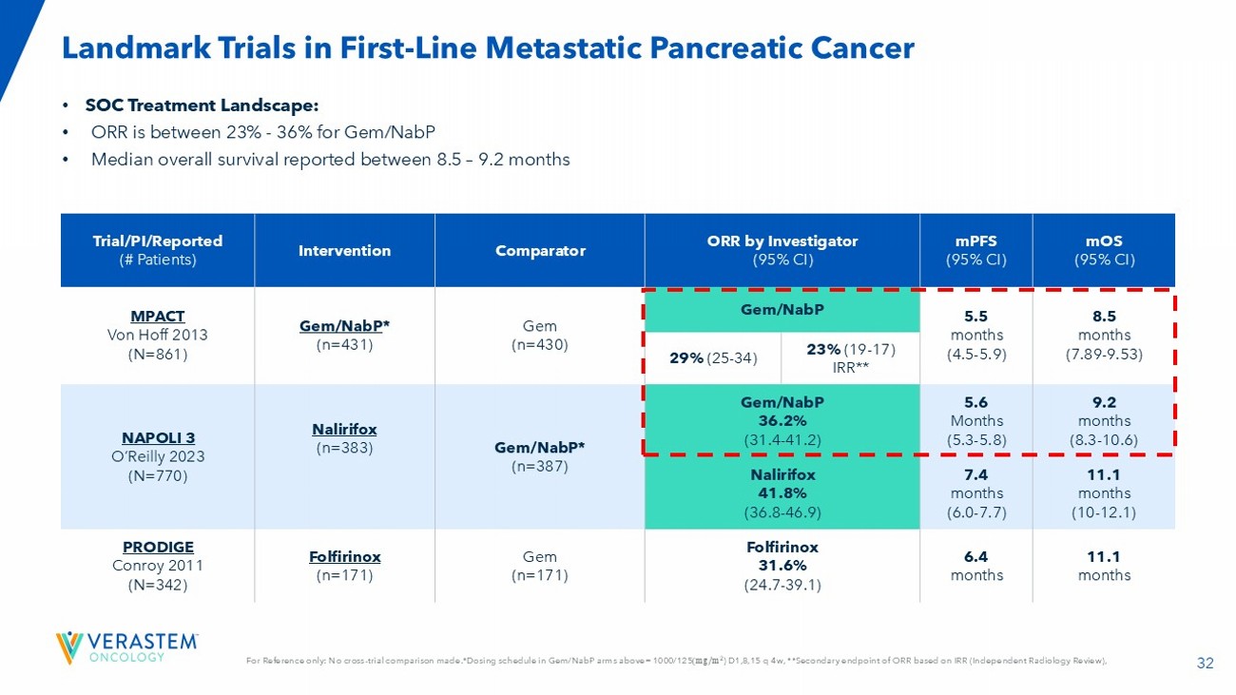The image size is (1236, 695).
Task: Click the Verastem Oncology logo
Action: (127, 647)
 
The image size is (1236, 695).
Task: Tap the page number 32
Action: (1206, 665)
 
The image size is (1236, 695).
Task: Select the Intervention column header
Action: (344, 251)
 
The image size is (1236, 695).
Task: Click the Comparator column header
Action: (540, 251)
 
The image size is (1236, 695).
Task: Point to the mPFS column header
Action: (975, 251)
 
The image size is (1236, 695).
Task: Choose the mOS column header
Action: (1105, 251)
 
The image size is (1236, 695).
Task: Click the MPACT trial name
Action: (158, 316)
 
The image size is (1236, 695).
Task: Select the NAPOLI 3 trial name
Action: (158, 437)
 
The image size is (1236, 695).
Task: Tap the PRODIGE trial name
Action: (158, 547)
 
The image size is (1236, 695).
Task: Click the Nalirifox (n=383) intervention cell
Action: (344, 438)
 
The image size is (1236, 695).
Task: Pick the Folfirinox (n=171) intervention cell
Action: (344, 565)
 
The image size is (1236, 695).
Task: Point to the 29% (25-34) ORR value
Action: (713, 357)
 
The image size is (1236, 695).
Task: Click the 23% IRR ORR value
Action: (850, 357)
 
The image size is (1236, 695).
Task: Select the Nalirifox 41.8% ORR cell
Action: (783, 492)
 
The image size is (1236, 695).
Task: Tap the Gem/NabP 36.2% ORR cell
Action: (783, 420)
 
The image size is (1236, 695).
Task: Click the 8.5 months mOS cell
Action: (1105, 335)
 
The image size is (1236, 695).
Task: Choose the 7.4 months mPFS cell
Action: (975, 492)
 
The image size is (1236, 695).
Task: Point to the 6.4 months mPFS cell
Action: (975, 565)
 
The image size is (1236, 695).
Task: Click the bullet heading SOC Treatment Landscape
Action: (202, 106)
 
